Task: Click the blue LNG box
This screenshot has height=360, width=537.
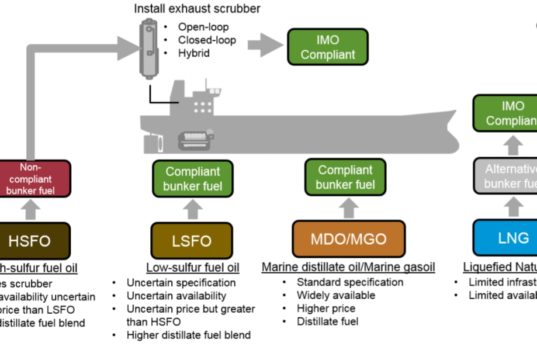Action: [504, 241]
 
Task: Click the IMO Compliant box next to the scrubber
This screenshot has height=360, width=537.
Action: [319, 44]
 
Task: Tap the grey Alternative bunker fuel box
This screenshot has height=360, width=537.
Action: [504, 177]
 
